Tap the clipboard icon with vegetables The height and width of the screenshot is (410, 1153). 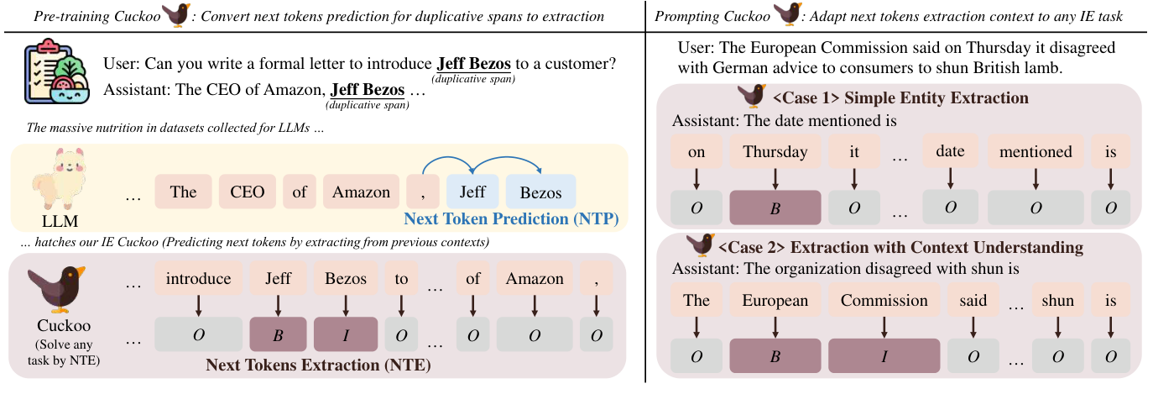pos(52,75)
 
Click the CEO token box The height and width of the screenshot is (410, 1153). pos(248,192)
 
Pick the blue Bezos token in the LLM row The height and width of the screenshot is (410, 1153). pos(540,192)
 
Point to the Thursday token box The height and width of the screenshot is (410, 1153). pos(775,152)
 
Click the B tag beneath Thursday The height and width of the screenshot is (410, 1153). pos(775,208)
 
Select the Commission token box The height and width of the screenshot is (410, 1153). pos(884,300)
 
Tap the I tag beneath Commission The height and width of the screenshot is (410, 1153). pos(884,355)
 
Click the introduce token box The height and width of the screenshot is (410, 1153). pos(198,278)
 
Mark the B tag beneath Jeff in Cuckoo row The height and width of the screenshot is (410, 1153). pos(277,334)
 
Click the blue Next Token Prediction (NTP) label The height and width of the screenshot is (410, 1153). pos(510,218)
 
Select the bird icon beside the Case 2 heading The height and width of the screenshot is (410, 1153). pos(700,245)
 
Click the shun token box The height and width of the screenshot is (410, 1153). pos(1057,300)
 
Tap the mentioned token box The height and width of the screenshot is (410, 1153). pos(1036,152)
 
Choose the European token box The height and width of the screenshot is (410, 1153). pos(775,300)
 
